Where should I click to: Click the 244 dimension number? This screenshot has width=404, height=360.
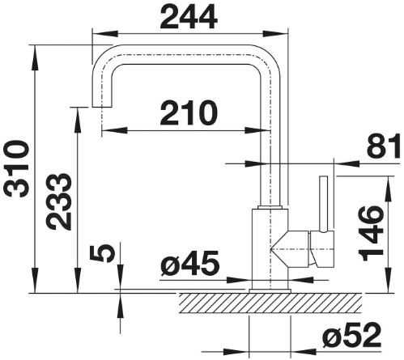tap(189, 17)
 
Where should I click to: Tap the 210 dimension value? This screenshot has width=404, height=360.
tap(189, 113)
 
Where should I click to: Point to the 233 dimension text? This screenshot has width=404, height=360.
tap(58, 201)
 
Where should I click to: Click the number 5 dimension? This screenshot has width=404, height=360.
tap(103, 253)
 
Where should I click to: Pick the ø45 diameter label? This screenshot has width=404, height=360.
tap(189, 263)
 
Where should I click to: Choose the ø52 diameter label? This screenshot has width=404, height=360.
tap(351, 335)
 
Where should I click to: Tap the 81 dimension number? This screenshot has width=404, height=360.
tap(384, 146)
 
